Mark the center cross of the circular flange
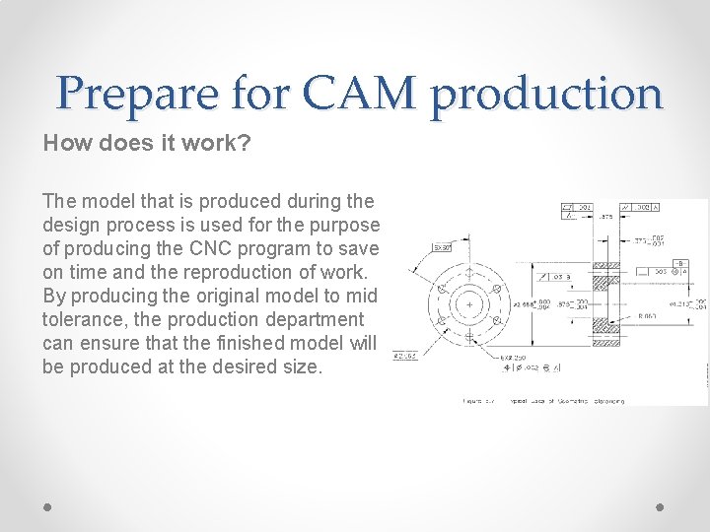467,304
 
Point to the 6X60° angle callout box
442,247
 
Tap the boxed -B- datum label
681,264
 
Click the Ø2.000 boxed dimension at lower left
404,355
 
